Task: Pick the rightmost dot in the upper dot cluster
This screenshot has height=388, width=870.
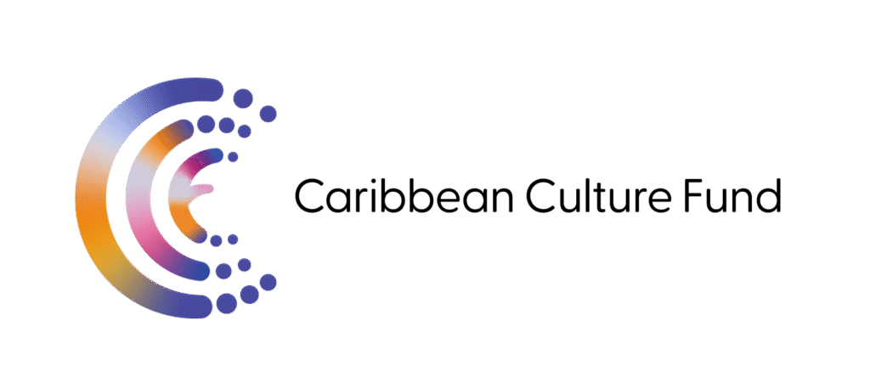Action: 268,113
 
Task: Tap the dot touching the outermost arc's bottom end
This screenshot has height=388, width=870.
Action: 226,302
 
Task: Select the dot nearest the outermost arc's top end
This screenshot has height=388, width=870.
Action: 240,98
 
